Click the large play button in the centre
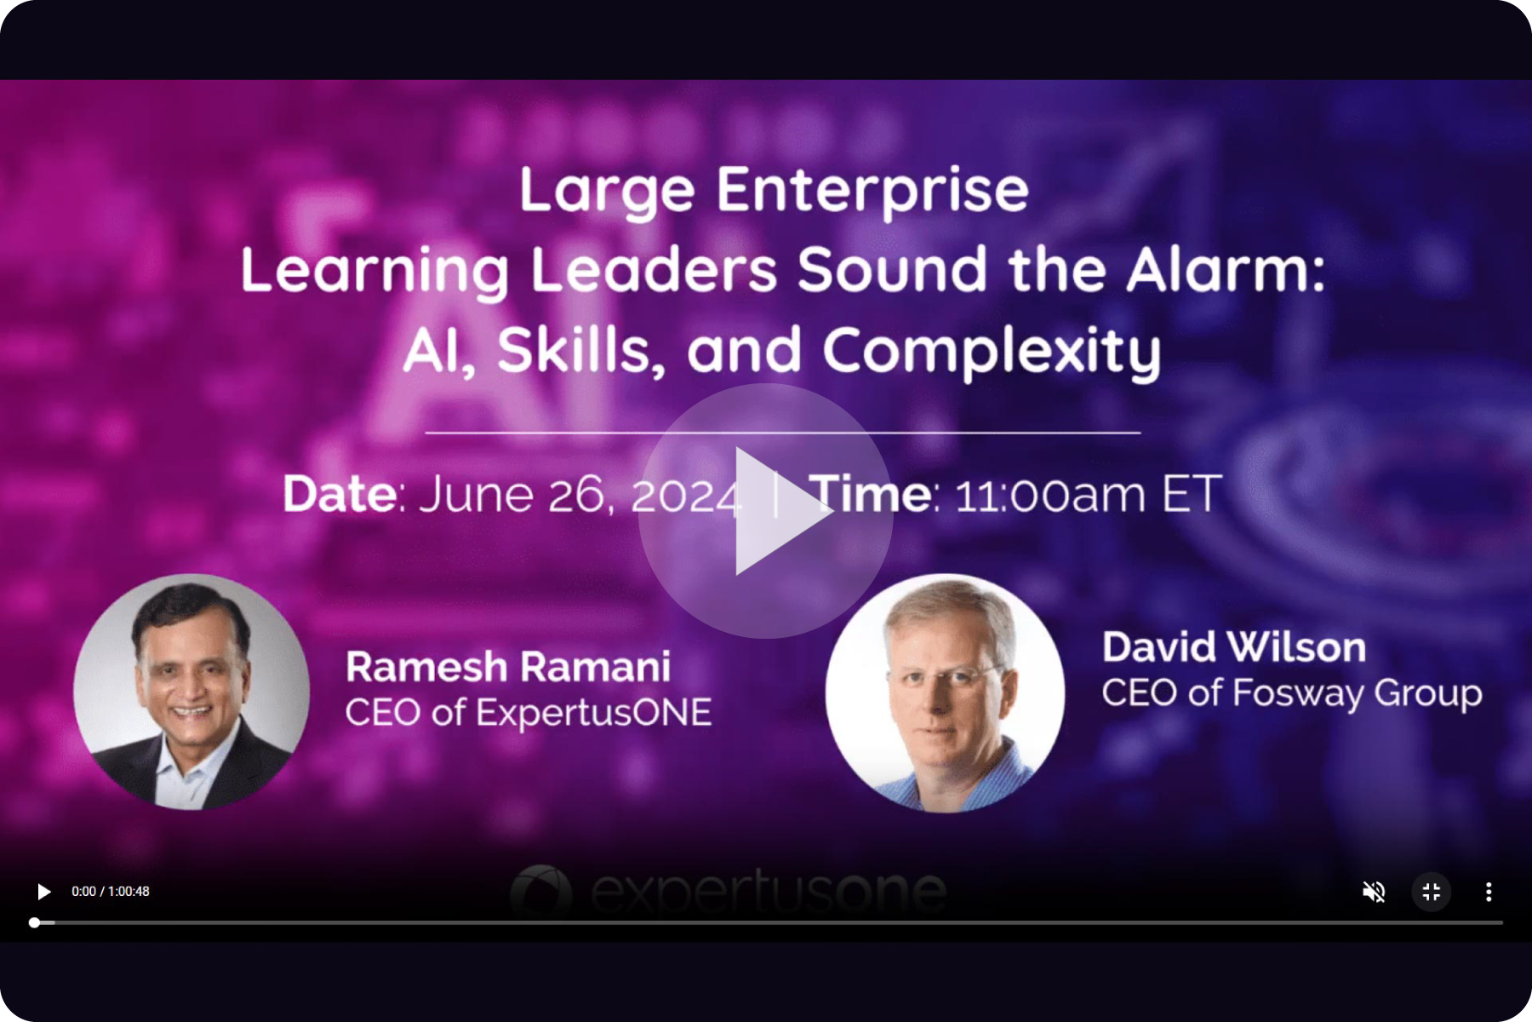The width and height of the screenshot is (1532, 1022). [766, 511]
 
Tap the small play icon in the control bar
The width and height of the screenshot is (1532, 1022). [43, 892]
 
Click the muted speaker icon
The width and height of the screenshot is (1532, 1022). [1374, 892]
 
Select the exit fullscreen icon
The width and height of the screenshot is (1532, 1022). [1432, 892]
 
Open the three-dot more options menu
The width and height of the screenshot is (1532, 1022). [1489, 892]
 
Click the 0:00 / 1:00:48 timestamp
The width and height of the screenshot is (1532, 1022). [111, 892]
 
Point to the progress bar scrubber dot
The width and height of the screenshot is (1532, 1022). [34, 922]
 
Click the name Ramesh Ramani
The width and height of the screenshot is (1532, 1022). [508, 667]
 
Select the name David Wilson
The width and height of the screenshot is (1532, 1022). [1234, 647]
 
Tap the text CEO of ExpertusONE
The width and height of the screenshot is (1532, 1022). [529, 713]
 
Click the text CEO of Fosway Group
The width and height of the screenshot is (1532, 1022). [1292, 693]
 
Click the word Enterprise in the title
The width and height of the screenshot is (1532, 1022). [872, 192]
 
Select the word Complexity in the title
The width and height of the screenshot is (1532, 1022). [992, 352]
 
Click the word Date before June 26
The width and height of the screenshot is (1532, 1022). [339, 494]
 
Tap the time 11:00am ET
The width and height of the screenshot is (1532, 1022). [1089, 495]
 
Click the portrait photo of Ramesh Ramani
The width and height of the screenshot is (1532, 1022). [191, 692]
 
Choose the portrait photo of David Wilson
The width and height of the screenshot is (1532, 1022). [945, 692]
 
